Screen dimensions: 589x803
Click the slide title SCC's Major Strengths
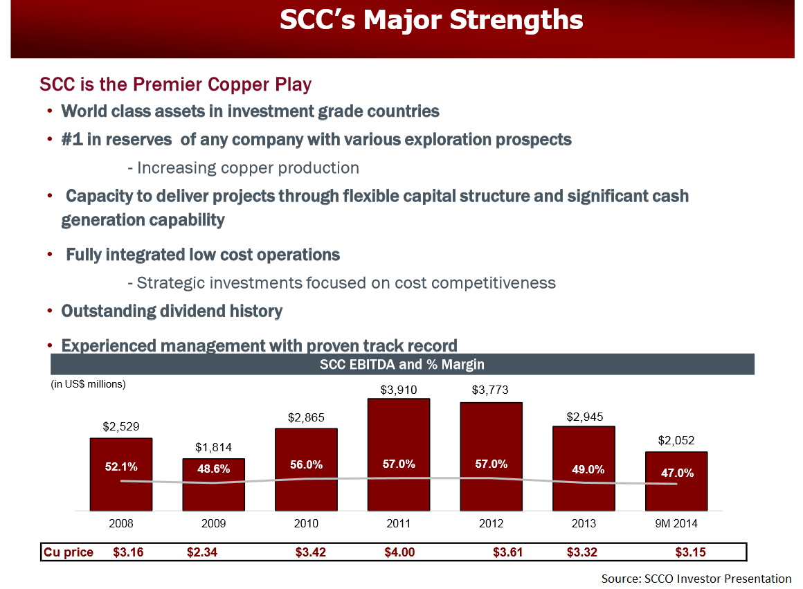point(431,20)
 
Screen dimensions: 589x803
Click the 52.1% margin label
point(121,467)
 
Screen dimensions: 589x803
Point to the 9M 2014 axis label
point(676,524)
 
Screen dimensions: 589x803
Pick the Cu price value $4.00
point(399,552)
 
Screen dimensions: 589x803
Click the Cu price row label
point(69,552)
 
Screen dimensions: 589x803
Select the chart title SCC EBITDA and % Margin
point(402,364)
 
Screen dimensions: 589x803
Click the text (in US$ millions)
point(88,383)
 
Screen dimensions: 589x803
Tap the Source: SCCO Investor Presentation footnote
point(696,579)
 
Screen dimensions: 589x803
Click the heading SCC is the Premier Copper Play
point(176,84)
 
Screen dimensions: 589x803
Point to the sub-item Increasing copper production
point(243,167)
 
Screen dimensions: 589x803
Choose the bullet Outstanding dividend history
point(172,311)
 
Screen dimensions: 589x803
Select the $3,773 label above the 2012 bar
point(490,390)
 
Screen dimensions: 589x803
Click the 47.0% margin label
point(676,473)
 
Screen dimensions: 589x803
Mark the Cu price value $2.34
point(202,552)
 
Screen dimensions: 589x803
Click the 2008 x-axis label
point(121,524)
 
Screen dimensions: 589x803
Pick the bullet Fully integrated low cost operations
point(203,255)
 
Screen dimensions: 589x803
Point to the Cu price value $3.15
point(690,552)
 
